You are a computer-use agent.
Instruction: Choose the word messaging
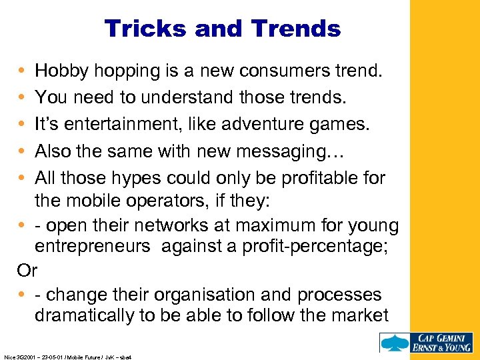pos(295,152)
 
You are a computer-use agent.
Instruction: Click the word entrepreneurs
pos(93,247)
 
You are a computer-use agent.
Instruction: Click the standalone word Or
pos(27,271)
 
